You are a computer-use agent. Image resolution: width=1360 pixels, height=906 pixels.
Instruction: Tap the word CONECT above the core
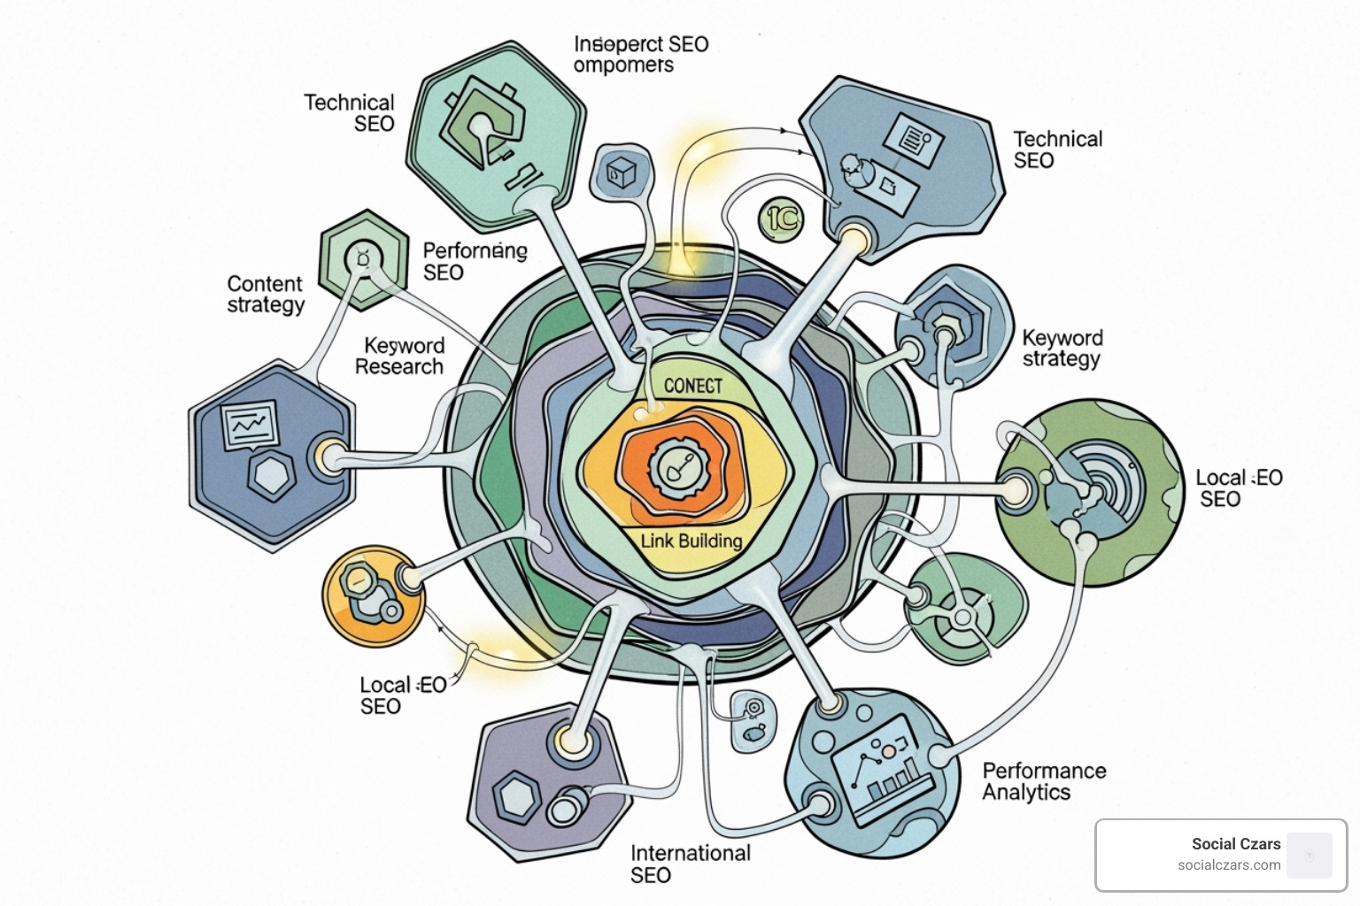693,386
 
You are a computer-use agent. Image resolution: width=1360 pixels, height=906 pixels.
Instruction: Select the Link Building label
692,541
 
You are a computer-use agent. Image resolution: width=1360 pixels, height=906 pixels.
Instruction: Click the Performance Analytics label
1044,781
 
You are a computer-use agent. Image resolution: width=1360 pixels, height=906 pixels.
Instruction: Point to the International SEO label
690,864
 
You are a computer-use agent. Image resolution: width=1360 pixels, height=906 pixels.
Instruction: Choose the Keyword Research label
400,356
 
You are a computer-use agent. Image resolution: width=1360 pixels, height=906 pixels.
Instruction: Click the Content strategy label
266,295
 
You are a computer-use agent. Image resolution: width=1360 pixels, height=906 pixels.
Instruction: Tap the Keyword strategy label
1062,348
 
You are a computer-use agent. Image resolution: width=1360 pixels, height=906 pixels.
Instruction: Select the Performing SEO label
475,262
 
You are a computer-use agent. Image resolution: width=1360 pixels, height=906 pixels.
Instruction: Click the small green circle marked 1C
781,219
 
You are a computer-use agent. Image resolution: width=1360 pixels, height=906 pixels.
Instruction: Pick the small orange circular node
373,596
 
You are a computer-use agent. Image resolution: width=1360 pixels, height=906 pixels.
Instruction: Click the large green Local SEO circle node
1089,493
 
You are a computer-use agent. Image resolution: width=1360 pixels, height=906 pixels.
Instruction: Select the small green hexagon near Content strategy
363,259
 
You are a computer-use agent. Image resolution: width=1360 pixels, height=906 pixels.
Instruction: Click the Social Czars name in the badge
1235,844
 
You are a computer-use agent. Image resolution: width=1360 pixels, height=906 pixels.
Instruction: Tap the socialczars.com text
1228,865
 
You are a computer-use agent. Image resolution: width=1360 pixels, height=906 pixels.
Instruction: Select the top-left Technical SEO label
350,113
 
